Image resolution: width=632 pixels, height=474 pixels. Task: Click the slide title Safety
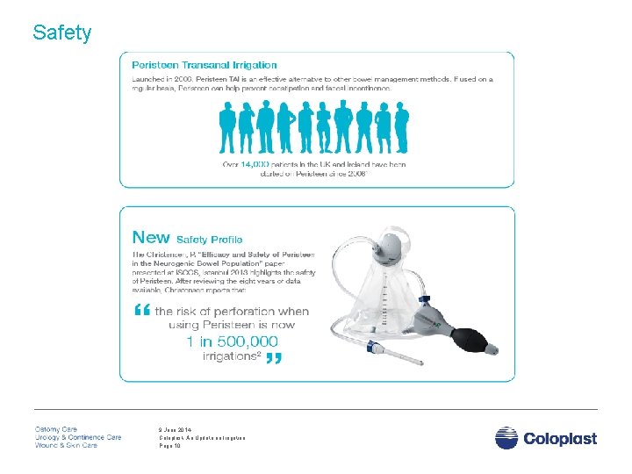[61, 33]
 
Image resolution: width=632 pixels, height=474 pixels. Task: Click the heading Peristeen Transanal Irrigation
[204, 65]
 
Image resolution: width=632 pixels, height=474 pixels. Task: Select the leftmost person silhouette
[228, 128]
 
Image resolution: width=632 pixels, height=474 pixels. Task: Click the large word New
[150, 237]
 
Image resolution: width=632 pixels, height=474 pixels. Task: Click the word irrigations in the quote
[230, 356]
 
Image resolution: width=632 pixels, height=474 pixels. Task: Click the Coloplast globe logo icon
[506, 437]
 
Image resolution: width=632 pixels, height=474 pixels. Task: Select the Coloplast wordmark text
[560, 438]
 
